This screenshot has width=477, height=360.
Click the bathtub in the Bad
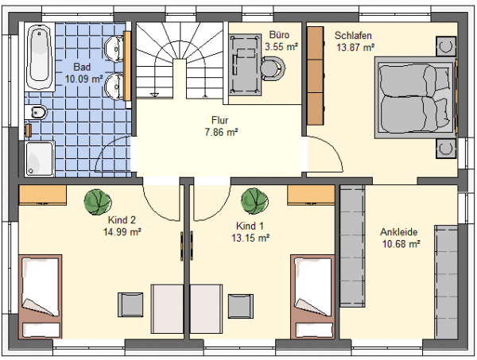(40, 57)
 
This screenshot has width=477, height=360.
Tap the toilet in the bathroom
(37, 113)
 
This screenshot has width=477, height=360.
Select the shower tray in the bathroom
(39, 159)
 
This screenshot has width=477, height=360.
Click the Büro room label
(279, 35)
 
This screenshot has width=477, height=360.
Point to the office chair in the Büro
(273, 68)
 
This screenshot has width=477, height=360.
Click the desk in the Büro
(245, 64)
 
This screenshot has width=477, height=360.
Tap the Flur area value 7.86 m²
(221, 133)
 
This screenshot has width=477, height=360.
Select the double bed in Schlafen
(416, 98)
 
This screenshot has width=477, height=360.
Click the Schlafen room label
(353, 36)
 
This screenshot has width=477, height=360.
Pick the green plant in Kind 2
(98, 202)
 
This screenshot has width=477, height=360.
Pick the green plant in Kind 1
(254, 201)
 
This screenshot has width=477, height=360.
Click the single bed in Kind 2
(41, 296)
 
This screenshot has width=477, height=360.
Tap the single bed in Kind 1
(312, 296)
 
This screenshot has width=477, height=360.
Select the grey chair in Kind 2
(130, 304)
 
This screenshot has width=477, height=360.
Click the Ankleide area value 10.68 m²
(401, 244)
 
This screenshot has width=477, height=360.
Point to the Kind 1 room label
(250, 226)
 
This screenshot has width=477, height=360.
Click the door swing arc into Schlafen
(332, 149)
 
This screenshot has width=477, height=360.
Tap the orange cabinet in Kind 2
(43, 195)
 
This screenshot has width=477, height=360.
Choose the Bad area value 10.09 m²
(83, 79)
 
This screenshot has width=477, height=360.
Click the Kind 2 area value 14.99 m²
(122, 232)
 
